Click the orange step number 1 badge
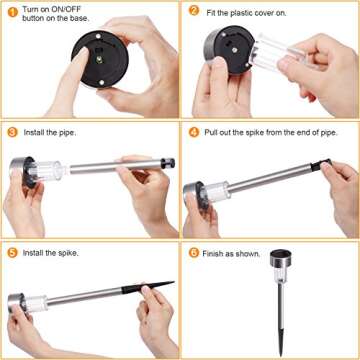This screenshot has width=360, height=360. [13, 13]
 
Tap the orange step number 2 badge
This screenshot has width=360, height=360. [194, 10]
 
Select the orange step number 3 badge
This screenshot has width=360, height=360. [13, 132]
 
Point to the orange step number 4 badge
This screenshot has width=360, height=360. [194, 132]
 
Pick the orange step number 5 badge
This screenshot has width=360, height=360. [13, 253]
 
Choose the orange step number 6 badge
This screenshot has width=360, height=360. [194, 252]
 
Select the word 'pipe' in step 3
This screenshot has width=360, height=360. [67, 133]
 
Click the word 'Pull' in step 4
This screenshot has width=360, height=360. [211, 132]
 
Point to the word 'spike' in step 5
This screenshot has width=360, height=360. [69, 253]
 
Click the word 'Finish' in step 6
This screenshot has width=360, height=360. [212, 254]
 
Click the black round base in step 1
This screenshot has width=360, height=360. [100, 59]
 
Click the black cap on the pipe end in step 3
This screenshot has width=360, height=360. [168, 163]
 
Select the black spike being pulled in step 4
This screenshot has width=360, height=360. [321, 165]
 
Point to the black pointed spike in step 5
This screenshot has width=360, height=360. [148, 287]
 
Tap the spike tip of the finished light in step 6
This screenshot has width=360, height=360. [281, 354]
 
